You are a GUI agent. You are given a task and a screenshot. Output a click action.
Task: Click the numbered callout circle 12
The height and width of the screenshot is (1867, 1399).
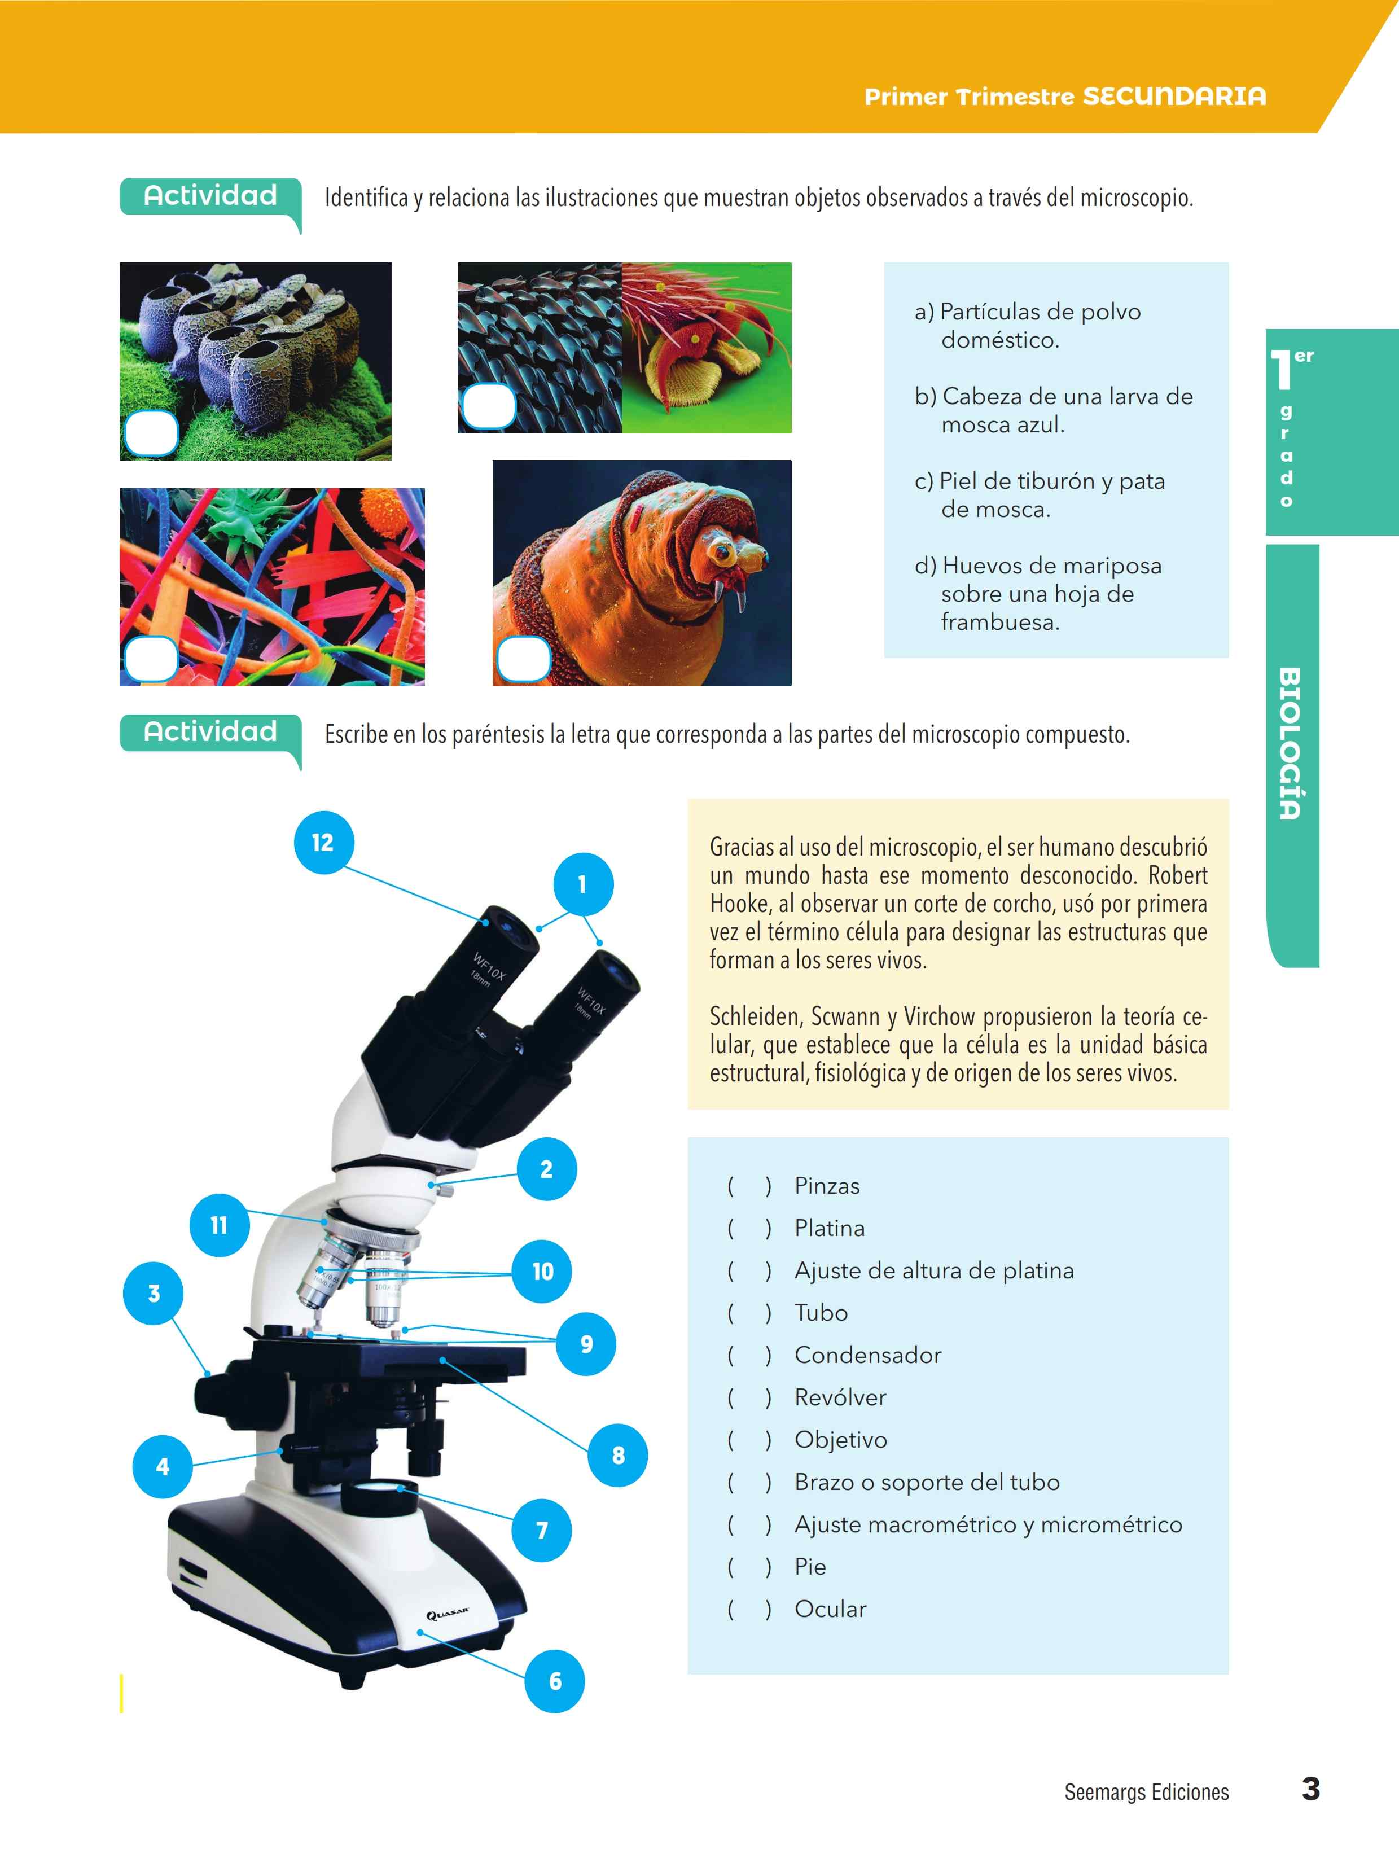click(x=323, y=842)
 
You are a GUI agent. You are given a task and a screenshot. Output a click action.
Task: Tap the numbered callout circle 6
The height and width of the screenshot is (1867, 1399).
click(x=554, y=1680)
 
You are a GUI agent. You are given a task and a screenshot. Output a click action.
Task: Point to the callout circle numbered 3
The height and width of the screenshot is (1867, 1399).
click(x=154, y=1293)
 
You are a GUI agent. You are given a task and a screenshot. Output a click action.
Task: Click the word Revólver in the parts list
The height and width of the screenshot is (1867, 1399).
click(x=840, y=1397)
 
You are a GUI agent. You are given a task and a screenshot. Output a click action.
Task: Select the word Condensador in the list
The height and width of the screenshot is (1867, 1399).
click(x=867, y=1355)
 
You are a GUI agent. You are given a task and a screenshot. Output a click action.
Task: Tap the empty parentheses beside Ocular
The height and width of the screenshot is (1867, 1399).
click(x=749, y=1609)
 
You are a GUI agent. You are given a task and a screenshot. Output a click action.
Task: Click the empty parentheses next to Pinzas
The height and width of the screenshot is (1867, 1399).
click(x=749, y=1186)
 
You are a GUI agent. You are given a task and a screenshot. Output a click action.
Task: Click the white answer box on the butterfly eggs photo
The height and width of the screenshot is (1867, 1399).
click(x=151, y=433)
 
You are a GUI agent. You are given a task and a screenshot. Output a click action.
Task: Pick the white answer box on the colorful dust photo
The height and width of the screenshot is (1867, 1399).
click(x=151, y=658)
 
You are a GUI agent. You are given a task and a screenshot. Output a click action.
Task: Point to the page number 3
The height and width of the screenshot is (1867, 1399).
click(x=1310, y=1789)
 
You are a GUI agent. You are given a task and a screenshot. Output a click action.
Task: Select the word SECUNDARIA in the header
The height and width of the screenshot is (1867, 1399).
click(x=1174, y=96)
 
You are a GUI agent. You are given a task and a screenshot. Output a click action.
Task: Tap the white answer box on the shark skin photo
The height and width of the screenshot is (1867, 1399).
click(x=489, y=406)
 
